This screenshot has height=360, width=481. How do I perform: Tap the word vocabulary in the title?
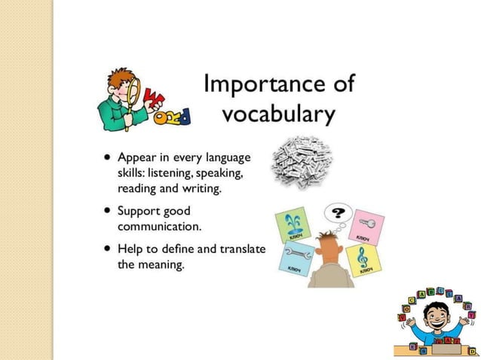pyautogui.click(x=278, y=114)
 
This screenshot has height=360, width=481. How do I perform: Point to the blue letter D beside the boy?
pyautogui.click(x=182, y=115)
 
